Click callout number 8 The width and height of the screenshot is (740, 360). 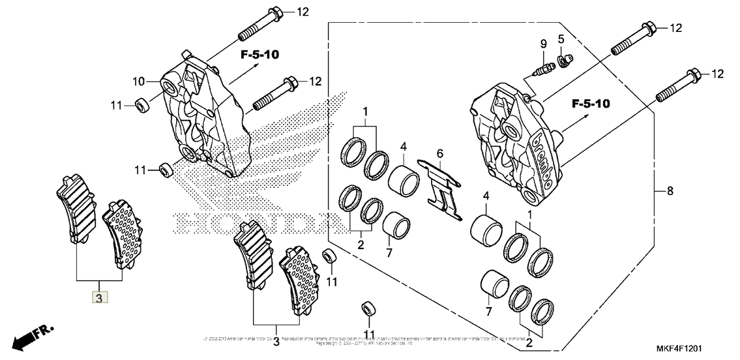[670, 192]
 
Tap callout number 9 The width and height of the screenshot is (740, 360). [542, 44]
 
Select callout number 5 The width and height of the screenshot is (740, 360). [561, 38]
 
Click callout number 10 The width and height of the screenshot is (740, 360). [138, 82]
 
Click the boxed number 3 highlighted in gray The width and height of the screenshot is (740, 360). [99, 299]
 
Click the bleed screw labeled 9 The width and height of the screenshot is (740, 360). [542, 67]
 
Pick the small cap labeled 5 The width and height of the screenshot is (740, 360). [566, 61]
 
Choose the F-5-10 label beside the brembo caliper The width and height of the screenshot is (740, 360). [591, 103]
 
